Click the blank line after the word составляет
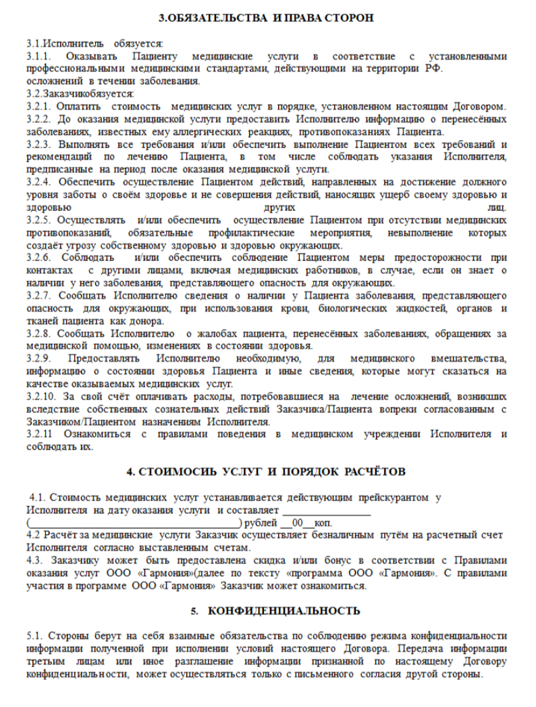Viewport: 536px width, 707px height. pyautogui.click(x=326, y=511)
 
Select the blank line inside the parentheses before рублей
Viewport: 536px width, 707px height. pyautogui.click(x=134, y=523)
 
